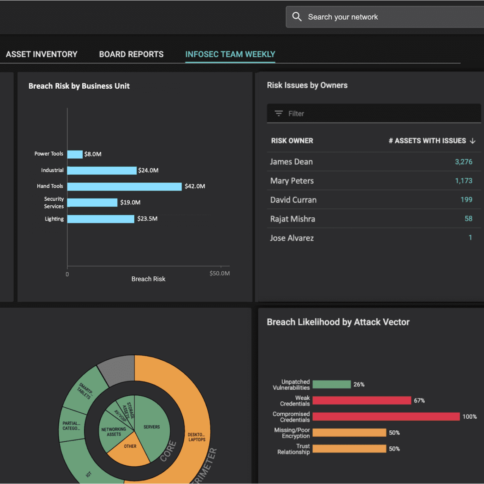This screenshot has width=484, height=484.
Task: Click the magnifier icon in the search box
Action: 297,17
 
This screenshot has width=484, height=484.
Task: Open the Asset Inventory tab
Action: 42,54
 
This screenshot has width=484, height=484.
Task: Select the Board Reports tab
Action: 131,54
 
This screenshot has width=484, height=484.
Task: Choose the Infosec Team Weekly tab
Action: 230,54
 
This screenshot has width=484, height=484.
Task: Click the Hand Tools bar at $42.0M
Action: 124,186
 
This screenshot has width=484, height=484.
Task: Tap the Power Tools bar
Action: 75,154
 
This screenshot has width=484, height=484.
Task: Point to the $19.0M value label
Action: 130,202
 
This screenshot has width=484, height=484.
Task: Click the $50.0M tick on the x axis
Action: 220,273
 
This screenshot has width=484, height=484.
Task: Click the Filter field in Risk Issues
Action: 373,114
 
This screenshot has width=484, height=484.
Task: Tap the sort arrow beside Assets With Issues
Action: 473,141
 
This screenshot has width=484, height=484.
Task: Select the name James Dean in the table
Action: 291,162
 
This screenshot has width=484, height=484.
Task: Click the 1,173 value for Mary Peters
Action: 463,181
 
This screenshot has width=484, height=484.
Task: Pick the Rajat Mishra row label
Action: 292,219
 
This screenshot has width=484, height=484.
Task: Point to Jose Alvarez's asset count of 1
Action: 470,238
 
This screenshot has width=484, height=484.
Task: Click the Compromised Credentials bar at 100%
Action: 386,417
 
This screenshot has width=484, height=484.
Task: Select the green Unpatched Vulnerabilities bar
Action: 332,384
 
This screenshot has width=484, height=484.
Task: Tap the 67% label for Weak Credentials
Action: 419,401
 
